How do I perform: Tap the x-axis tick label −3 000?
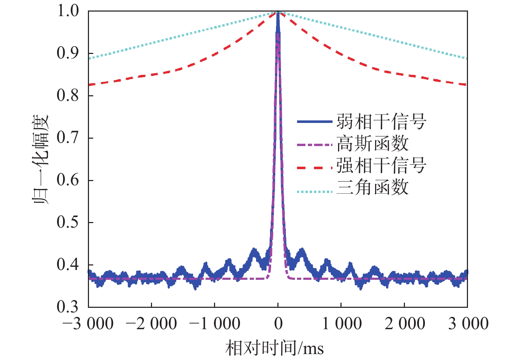88,324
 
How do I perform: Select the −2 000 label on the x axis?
151,324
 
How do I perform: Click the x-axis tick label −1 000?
215,324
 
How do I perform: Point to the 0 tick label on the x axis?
278,324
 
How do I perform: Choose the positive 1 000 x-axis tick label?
342,324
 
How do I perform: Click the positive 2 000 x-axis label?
405,324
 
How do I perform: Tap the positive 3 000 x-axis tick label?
468,324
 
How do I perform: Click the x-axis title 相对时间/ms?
275,348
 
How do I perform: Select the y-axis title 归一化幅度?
41,159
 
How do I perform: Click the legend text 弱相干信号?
381,122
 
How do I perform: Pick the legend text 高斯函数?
373,144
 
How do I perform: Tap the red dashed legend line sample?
314,168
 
